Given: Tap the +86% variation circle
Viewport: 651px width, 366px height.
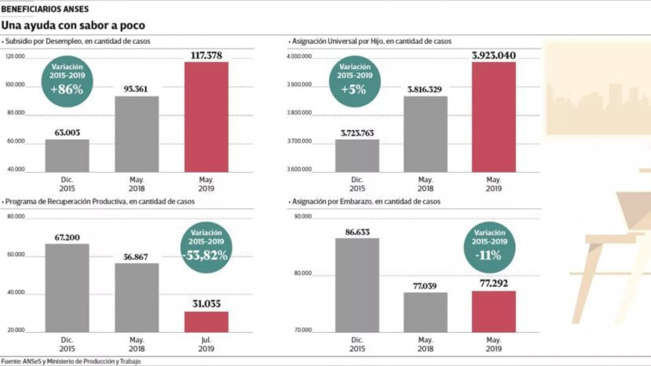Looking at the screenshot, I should (67, 81).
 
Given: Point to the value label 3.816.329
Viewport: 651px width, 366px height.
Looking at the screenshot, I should (425, 89).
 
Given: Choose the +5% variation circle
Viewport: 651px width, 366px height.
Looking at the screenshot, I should (354, 81).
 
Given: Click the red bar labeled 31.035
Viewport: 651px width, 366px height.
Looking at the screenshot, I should (206, 322).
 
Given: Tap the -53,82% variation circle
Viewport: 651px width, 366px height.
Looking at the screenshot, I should (206, 247).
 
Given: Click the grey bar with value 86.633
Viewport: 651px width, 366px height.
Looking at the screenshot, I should (357, 285).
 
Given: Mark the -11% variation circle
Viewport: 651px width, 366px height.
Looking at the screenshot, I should (489, 247).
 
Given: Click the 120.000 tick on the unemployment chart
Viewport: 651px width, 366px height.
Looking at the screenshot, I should (15, 57).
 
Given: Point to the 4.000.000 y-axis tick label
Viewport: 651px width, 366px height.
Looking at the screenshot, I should (299, 57).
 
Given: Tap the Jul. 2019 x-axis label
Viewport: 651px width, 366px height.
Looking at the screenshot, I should (206, 344).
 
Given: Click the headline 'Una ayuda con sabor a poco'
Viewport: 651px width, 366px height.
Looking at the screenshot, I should (73, 25).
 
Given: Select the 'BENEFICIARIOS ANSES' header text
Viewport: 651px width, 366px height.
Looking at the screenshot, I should (45, 9).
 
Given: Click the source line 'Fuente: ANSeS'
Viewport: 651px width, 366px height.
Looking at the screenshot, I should (71, 361).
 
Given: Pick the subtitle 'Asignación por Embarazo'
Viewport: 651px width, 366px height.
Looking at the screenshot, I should (366, 201).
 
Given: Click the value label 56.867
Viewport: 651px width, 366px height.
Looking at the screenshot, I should (136, 257).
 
